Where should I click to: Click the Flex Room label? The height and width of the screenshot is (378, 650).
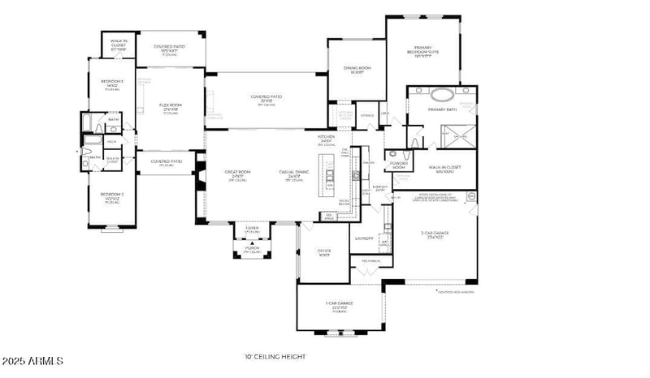coord(170,108)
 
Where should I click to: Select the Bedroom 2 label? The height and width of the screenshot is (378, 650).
coord(111,195)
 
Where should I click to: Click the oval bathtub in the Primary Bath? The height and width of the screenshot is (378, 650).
coord(444,94)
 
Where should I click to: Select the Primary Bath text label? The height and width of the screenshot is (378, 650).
coord(444,110)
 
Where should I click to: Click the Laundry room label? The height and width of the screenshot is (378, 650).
coord(364,238)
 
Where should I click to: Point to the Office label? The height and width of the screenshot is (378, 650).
coord(323,252)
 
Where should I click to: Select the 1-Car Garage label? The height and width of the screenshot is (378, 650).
coord(340,306)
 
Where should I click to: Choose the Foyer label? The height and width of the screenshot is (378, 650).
coord(252,230)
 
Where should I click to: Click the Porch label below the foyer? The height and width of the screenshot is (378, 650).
coord(252,249)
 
